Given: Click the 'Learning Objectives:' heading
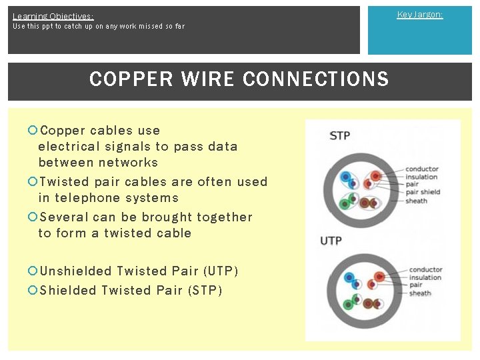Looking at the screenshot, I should click(x=53, y=16).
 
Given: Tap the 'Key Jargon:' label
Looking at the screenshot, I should click(x=419, y=14).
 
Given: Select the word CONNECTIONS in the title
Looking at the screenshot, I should click(x=316, y=79).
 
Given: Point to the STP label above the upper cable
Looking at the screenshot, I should click(x=339, y=136).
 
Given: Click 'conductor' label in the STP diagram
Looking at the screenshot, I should click(x=422, y=169).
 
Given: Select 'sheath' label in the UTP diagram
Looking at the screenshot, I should click(x=420, y=293).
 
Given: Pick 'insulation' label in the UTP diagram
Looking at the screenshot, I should click(x=425, y=277).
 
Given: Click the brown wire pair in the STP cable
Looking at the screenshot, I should click(x=369, y=202).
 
